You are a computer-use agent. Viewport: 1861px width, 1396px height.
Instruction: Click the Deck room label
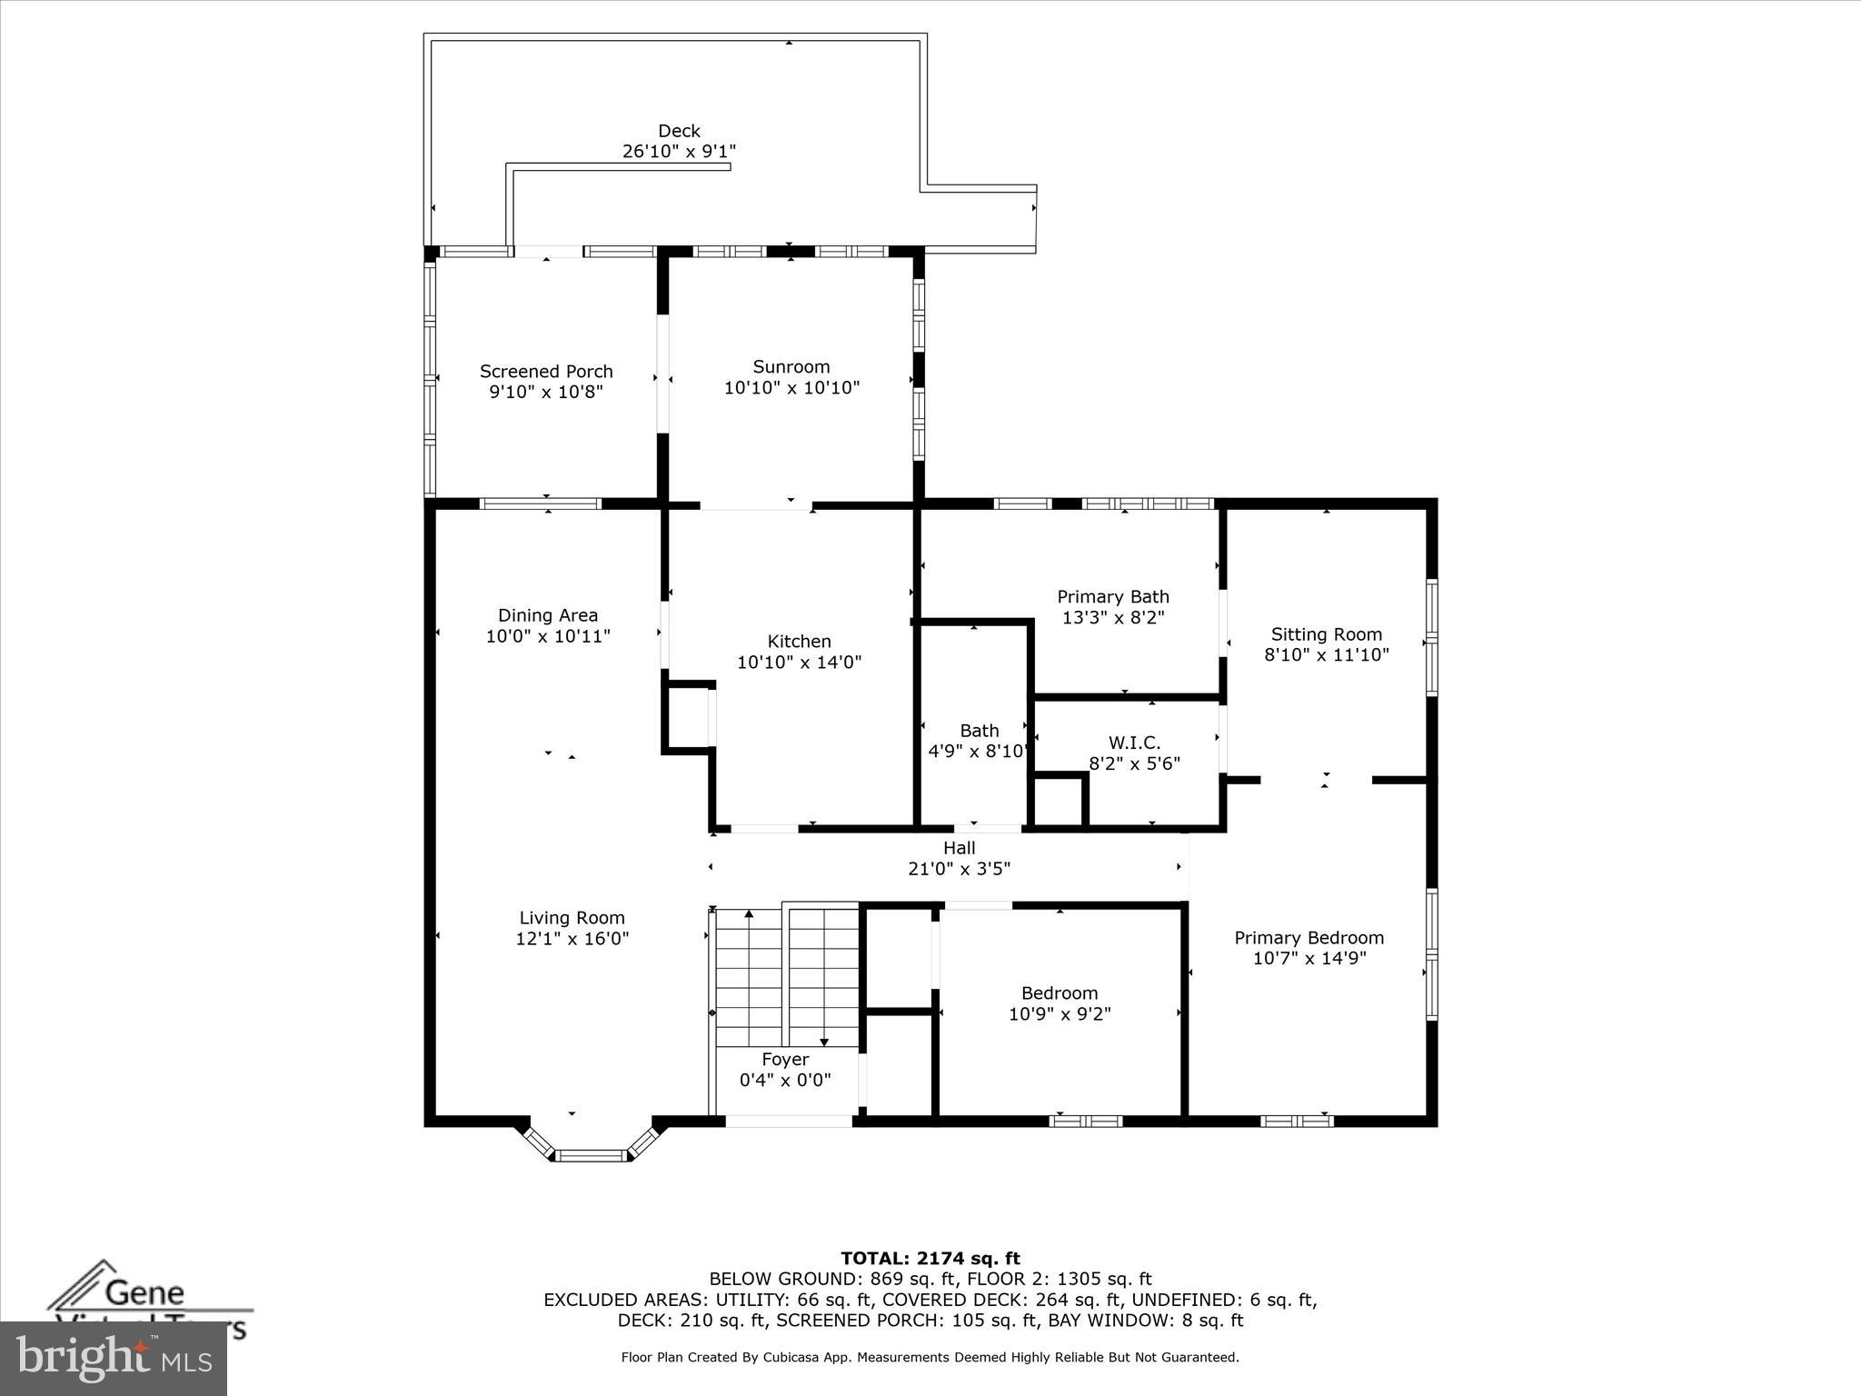tap(679, 131)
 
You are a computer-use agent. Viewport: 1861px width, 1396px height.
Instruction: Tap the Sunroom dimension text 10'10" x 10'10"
tap(791, 388)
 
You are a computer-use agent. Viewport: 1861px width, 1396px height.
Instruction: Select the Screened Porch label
tap(546, 371)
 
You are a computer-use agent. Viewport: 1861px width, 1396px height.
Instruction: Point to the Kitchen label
tap(799, 642)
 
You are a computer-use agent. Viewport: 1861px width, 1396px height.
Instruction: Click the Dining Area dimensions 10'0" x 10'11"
tap(548, 636)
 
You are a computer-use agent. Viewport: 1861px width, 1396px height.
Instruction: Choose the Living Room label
tap(572, 918)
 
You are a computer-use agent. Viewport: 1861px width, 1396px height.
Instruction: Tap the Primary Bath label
tap(1113, 597)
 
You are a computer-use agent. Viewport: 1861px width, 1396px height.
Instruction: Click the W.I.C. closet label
tap(1134, 743)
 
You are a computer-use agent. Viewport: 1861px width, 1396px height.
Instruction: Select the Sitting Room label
tap(1326, 634)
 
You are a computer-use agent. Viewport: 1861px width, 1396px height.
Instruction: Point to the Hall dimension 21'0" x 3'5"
tap(959, 869)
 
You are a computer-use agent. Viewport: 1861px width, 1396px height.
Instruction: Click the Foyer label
tap(785, 1060)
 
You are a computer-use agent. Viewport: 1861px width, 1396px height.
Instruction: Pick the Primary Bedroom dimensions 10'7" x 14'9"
tap(1309, 958)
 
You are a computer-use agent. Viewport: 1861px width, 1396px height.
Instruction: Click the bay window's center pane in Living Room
tap(592, 1156)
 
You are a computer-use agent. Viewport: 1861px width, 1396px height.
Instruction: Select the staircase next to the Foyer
tap(786, 977)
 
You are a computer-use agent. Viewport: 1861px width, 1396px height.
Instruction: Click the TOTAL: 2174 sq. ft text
tap(930, 1259)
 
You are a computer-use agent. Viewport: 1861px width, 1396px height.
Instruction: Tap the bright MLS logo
tap(113, 1358)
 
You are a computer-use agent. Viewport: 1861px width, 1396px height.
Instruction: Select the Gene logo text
tap(144, 1292)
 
